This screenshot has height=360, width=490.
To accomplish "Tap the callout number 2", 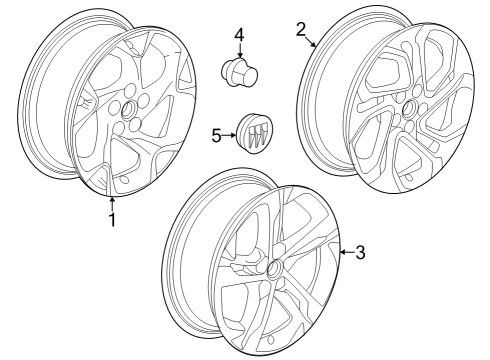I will [x=301, y=29].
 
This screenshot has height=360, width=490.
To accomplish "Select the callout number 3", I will [x=360, y=252].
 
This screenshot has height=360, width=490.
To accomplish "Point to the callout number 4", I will [x=239, y=36].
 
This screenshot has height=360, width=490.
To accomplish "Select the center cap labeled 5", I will [x=254, y=133].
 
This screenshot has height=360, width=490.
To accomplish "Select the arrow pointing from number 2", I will [x=311, y=41].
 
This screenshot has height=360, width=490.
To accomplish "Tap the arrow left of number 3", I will [x=343, y=252].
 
